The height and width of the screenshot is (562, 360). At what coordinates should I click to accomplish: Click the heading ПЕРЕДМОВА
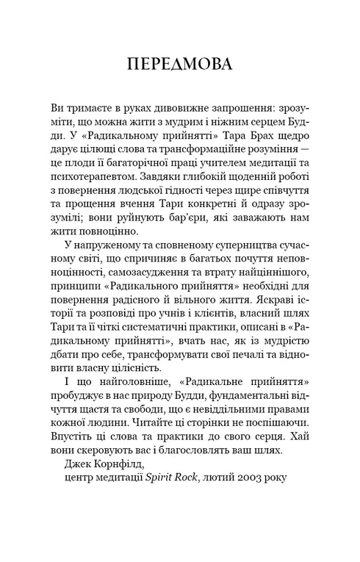click(x=180, y=64)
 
